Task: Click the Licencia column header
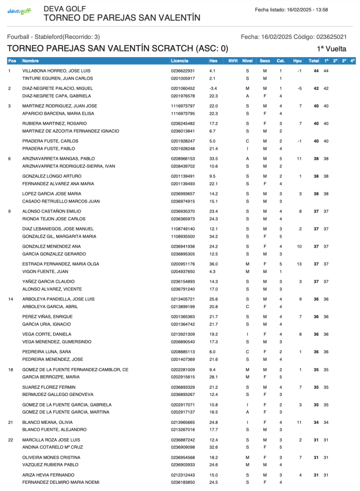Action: [x=180, y=61]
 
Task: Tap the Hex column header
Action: [x=214, y=61]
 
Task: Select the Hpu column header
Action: [x=298, y=61]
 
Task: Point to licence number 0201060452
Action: [x=183, y=88]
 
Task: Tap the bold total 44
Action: [x=316, y=71]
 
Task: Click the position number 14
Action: [x=11, y=299]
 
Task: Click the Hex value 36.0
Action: [x=214, y=264]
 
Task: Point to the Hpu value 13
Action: [x=300, y=264]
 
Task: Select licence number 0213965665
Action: [x=183, y=422]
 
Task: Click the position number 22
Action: [x=11, y=440]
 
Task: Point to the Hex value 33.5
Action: [x=214, y=158]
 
